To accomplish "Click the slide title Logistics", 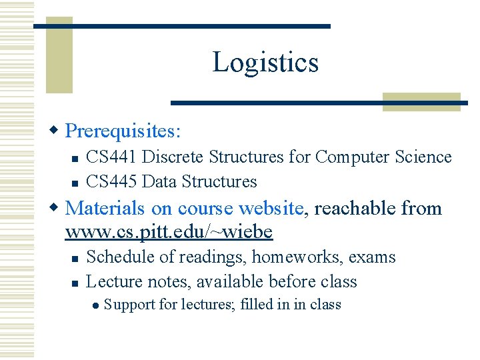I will (265, 63).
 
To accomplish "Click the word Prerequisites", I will (121, 130).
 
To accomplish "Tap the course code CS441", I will (111, 157).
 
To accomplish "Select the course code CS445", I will (111, 181).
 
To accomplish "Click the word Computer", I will (351, 157).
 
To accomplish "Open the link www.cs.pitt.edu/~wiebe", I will (169, 232).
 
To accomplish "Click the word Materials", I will (105, 209).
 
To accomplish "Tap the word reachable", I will (355, 209).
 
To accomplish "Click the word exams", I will (373, 257).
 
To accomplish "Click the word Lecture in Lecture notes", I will (112, 282).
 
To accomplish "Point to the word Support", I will (127, 305).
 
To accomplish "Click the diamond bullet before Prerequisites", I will (56, 129).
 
